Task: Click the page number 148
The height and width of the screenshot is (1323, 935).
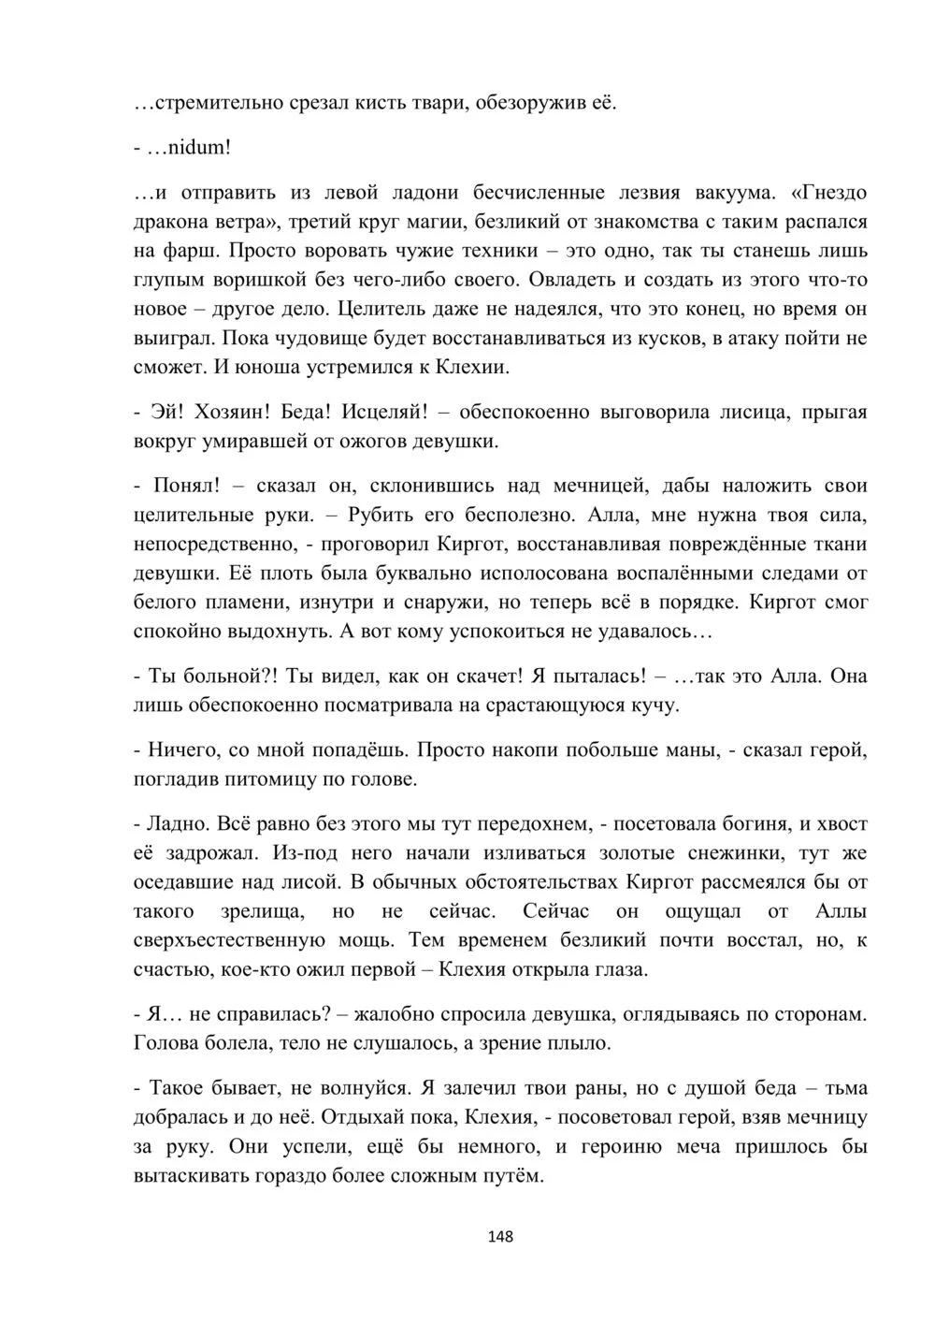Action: [x=501, y=1236]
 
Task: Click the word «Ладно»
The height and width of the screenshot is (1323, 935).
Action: [x=179, y=824]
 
